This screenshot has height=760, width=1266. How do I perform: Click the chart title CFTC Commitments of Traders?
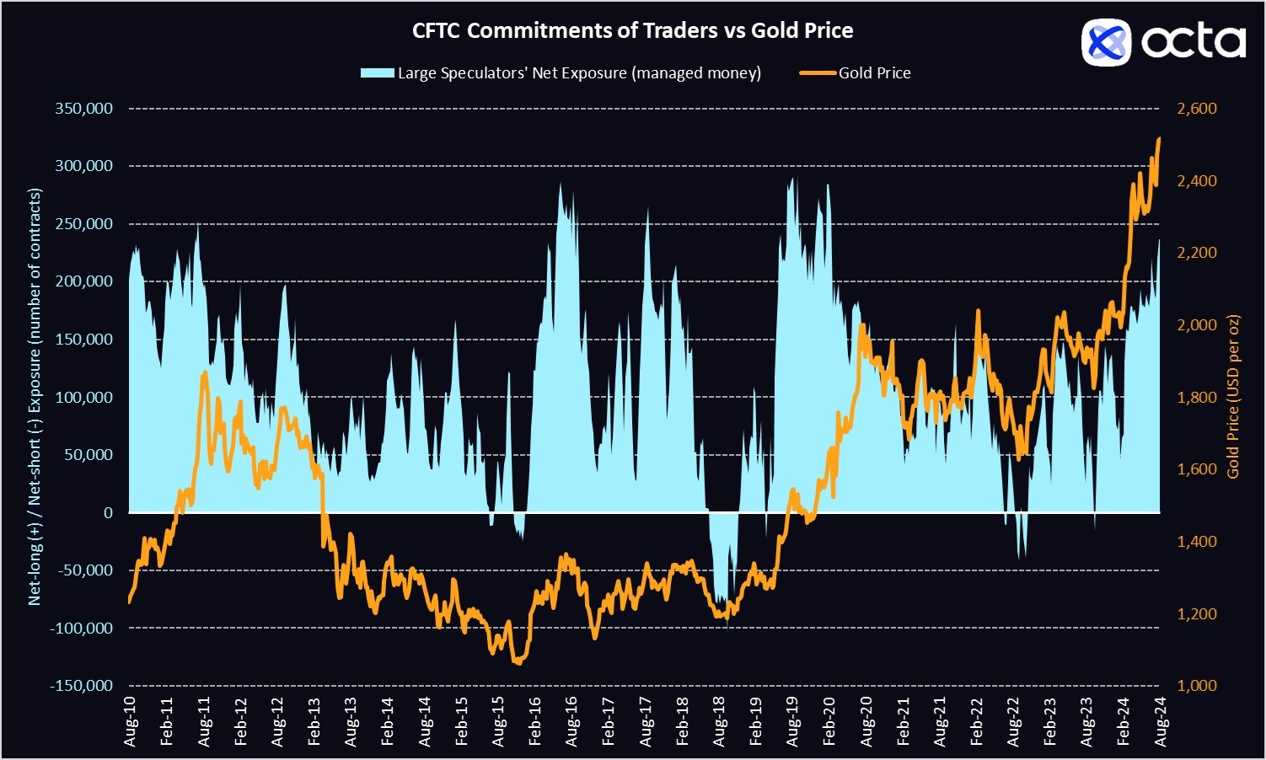(x=632, y=31)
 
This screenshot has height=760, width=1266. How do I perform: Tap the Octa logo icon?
(x=1105, y=41)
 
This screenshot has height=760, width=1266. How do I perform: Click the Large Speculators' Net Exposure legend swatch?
(x=377, y=73)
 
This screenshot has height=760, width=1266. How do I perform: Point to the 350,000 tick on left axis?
(x=83, y=109)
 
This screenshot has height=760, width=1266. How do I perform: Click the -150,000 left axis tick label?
(x=81, y=686)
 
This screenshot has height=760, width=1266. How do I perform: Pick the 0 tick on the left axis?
(x=108, y=512)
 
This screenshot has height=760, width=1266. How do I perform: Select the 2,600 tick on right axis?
(x=1197, y=109)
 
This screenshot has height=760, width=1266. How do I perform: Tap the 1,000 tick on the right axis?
(x=1197, y=686)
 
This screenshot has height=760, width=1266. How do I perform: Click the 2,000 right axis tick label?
(x=1197, y=325)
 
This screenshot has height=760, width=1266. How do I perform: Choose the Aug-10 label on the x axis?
(x=131, y=722)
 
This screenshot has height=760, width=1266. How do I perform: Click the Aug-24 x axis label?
(x=1161, y=722)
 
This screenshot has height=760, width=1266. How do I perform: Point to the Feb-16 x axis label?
(x=535, y=722)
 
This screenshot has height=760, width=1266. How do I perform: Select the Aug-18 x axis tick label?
(x=719, y=722)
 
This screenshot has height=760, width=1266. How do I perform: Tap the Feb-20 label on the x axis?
(x=829, y=722)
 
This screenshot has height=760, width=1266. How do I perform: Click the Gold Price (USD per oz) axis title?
(x=1233, y=397)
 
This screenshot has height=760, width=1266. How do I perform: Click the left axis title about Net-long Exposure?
(x=35, y=397)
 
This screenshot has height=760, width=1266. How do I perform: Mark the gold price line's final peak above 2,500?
(x=1159, y=138)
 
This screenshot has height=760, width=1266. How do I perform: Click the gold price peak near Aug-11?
(x=204, y=372)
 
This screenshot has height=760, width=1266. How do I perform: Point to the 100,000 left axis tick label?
(x=83, y=397)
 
